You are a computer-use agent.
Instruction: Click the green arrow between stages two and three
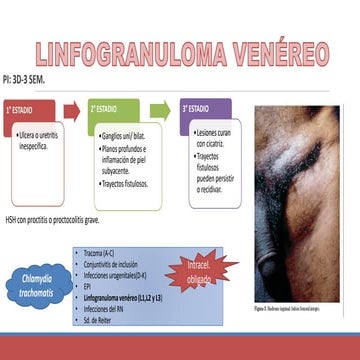click(x=160, y=108)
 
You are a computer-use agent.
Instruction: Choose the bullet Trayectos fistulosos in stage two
click(x=125, y=184)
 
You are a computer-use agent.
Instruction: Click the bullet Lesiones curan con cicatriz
click(x=212, y=136)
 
